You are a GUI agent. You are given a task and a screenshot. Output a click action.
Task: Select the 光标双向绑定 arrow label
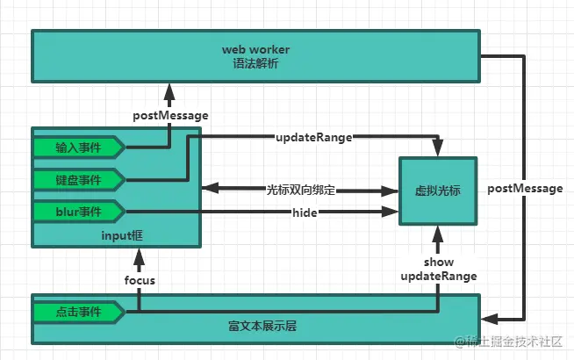coord(300,189)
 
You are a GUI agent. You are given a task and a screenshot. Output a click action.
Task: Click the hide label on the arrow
coord(305,212)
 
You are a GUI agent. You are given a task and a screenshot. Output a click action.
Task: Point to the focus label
coord(140,280)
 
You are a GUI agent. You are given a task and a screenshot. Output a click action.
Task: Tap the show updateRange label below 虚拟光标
coord(438,270)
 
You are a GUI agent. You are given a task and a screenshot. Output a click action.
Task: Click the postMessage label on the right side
coord(524,189)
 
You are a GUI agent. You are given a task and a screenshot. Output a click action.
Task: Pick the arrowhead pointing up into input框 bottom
coord(140,254)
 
